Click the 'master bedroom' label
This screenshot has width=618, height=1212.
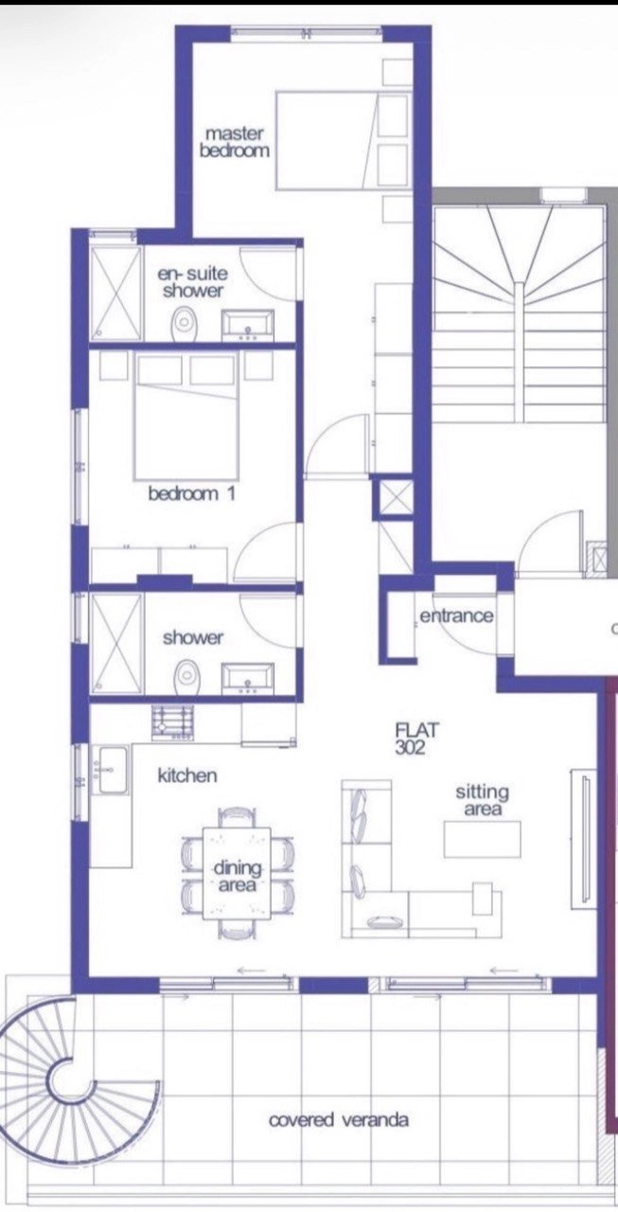pyautogui.click(x=234, y=142)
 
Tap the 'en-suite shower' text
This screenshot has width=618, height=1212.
pyautogui.click(x=192, y=282)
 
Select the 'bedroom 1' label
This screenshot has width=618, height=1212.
pyautogui.click(x=192, y=493)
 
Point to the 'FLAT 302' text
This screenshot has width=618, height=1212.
pyautogui.click(x=416, y=739)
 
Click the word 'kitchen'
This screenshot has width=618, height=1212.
pyautogui.click(x=187, y=775)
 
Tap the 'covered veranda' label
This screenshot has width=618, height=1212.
pyautogui.click(x=339, y=1119)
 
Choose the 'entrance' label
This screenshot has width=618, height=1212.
pyautogui.click(x=456, y=615)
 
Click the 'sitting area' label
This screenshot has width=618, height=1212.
pyautogui.click(x=483, y=800)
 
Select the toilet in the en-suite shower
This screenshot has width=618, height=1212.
pyautogui.click(x=185, y=324)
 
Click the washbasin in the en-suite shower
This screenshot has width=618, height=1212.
pyautogui.click(x=248, y=325)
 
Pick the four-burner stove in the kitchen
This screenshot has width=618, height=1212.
pyautogui.click(x=172, y=723)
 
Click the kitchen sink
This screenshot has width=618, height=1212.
pyautogui.click(x=112, y=770)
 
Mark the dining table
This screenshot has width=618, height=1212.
pyautogui.click(x=237, y=873)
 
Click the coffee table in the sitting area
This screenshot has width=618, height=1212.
pyautogui.click(x=483, y=839)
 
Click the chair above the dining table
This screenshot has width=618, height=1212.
pyautogui.click(x=237, y=817)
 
